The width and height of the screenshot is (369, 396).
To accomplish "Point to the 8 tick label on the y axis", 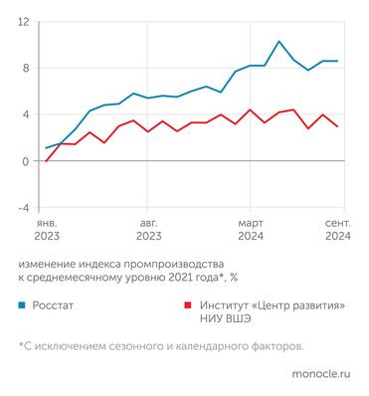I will point(26,68).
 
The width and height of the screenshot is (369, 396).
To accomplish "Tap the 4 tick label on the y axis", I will point(26,114).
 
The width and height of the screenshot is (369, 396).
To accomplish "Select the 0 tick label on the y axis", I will point(26,161).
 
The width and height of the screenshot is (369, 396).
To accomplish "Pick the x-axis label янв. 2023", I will point(47,231).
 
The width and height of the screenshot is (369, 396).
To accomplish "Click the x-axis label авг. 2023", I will point(148,231).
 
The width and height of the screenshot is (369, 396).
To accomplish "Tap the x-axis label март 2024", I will point(251,231).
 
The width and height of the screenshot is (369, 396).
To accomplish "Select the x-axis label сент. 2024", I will point(338,231).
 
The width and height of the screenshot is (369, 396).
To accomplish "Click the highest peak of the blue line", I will point(278,42).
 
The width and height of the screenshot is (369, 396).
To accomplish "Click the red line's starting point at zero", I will point(46,161).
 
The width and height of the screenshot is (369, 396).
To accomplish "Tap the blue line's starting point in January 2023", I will point(46,148).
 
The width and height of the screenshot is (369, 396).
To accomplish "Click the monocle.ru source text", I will point(321,374).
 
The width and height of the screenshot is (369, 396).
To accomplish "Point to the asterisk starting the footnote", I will point(21,345).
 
